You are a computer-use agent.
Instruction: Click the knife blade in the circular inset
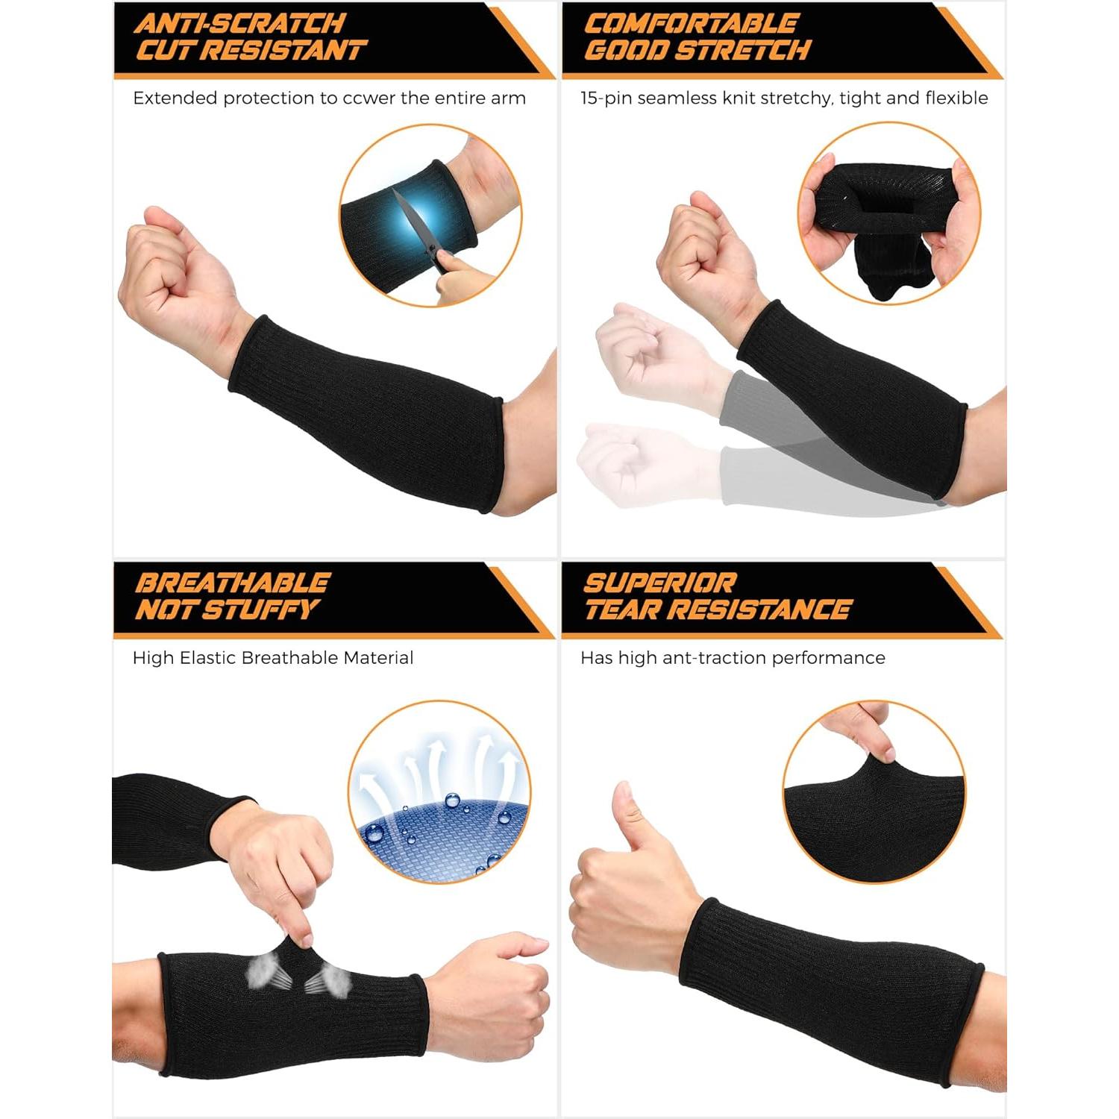coord(408,221)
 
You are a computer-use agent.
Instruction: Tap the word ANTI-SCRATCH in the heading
coord(239,23)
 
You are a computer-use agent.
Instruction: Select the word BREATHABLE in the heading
coord(232,583)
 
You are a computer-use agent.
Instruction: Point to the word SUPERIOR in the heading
coord(659,583)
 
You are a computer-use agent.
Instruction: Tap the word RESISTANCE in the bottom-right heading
coord(768,610)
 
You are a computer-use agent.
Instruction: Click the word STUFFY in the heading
coord(261,610)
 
